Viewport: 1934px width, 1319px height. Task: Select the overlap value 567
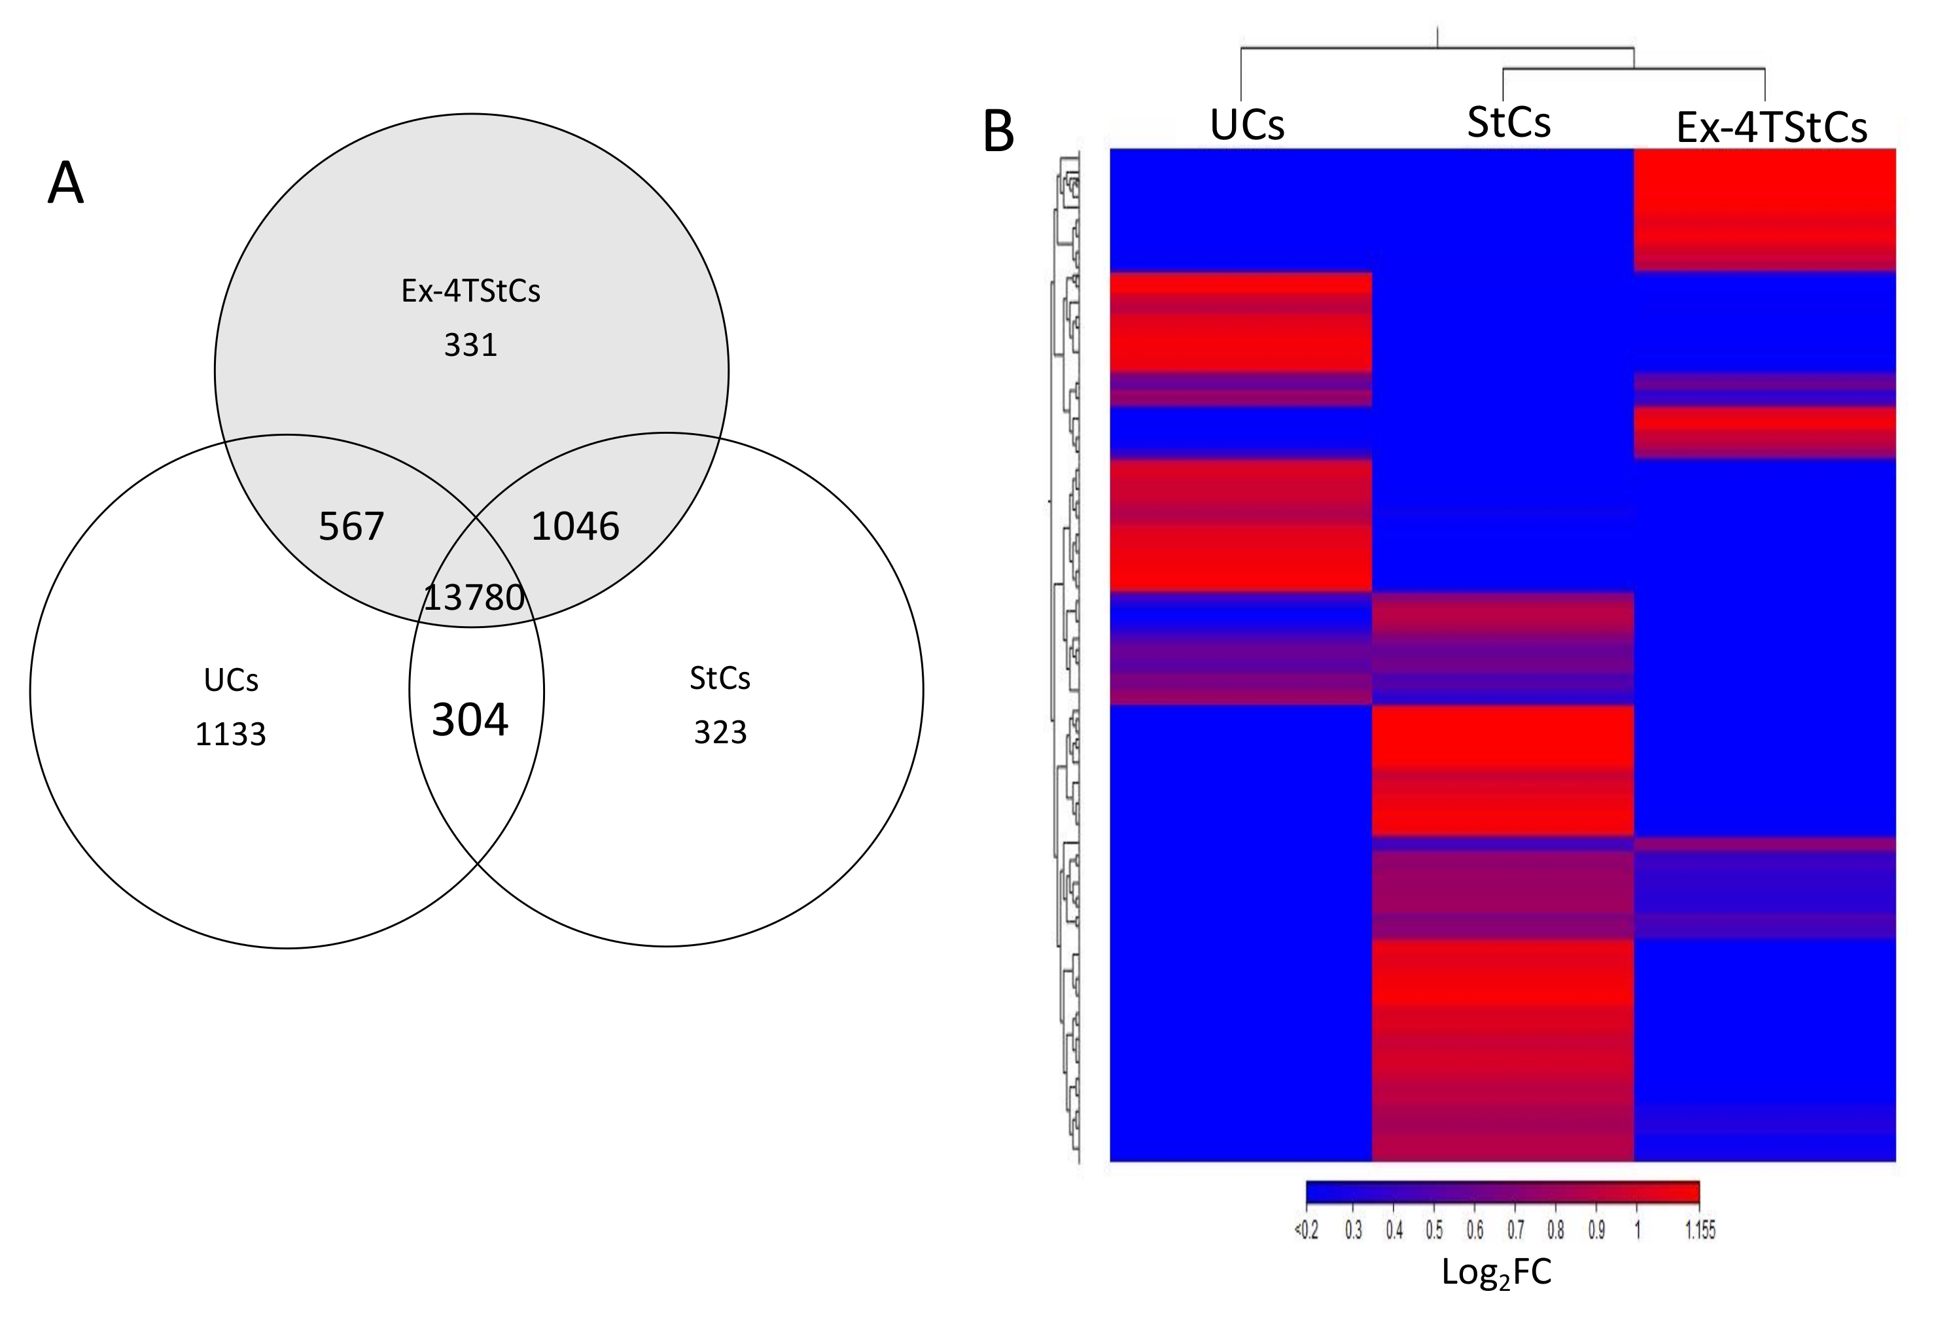pyautogui.click(x=351, y=527)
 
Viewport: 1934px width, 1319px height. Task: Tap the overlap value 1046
pyautogui.click(x=575, y=527)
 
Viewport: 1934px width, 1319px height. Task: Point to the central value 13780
pyautogui.click(x=474, y=597)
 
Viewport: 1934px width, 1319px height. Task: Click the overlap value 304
pyautogui.click(x=469, y=720)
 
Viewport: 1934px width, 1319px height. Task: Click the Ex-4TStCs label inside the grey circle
pyautogui.click(x=470, y=291)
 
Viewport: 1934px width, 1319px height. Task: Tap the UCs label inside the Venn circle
pyautogui.click(x=230, y=680)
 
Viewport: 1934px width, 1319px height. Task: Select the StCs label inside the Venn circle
pyautogui.click(x=720, y=679)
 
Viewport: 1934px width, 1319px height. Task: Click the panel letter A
pyautogui.click(x=65, y=184)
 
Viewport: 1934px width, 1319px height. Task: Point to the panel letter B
pyautogui.click(x=998, y=132)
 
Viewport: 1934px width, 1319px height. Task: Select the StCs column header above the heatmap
pyautogui.click(x=1509, y=123)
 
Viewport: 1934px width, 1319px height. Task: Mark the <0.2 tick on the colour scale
pyautogui.click(x=1306, y=1230)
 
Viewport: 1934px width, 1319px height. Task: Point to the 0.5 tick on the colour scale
pyautogui.click(x=1434, y=1230)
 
